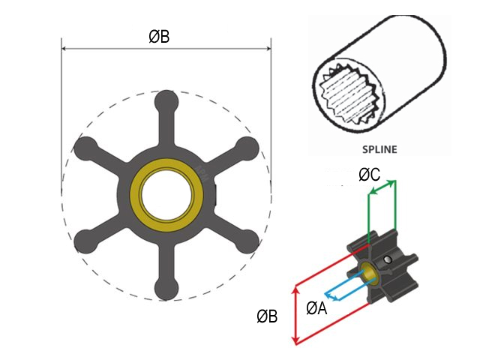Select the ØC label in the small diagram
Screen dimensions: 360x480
coord(369,175)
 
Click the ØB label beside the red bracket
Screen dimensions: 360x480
coord(268,316)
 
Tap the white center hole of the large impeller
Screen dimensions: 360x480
coord(166,193)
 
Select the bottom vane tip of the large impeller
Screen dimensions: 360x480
coord(166,289)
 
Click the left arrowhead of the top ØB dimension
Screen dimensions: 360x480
coord(64,49)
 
